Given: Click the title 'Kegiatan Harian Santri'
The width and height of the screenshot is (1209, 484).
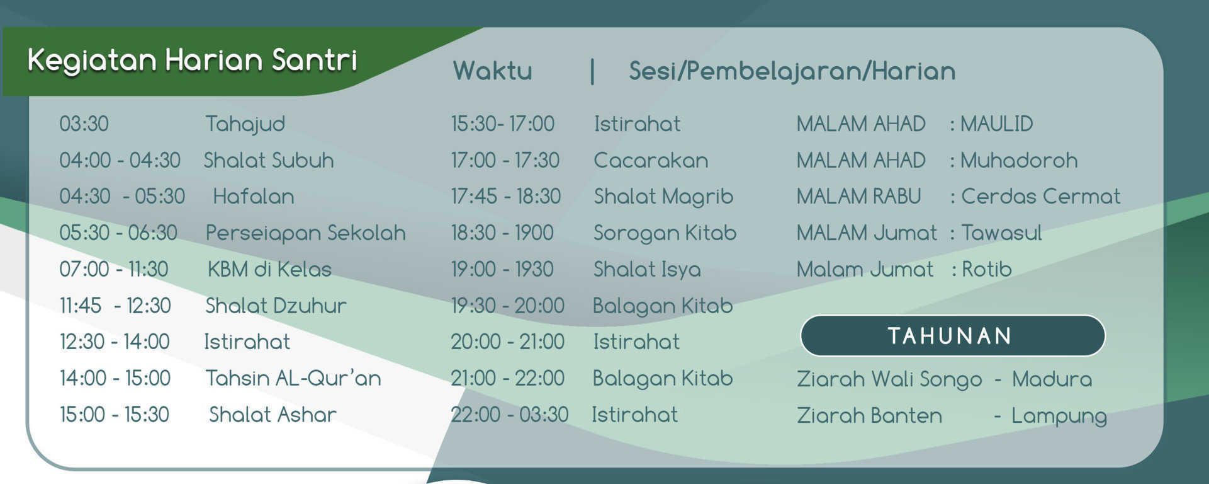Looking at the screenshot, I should [x=192, y=60].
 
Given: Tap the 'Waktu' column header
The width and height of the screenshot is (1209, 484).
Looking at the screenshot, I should [x=492, y=71].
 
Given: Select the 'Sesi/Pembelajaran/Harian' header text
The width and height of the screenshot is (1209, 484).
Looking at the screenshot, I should [x=792, y=71].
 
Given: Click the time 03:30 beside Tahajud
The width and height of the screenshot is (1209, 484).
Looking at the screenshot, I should [x=84, y=124].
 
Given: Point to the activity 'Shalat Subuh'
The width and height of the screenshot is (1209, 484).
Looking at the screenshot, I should [x=269, y=160].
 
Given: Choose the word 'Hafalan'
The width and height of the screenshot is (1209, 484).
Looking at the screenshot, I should [x=254, y=197].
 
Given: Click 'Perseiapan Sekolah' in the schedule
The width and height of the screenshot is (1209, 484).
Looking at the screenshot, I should [x=305, y=233].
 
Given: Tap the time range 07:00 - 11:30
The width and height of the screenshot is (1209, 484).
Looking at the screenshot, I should [x=114, y=270].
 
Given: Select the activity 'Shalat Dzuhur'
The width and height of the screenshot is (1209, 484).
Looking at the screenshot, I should [x=276, y=306].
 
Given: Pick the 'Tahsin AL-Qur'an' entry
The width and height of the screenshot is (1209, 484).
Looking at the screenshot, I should [x=293, y=378].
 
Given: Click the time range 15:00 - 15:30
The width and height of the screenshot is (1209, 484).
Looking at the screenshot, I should [x=115, y=415].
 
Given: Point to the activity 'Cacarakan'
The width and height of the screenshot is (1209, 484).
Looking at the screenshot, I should [x=651, y=160].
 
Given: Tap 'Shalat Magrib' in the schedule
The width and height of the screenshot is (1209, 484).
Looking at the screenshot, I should [x=663, y=197].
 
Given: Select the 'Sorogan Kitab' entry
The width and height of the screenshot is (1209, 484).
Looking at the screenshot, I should [x=665, y=233].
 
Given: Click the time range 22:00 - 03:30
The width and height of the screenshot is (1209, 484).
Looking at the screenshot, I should [x=509, y=415].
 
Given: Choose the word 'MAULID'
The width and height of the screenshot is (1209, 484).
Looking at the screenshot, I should [x=996, y=124].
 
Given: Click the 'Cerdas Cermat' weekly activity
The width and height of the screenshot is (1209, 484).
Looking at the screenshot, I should [x=1040, y=197].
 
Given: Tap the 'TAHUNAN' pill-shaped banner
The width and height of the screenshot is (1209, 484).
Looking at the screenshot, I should [x=952, y=336].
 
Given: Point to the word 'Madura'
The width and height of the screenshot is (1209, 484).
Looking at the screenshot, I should [x=1052, y=379].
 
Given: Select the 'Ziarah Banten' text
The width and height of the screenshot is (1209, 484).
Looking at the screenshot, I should [x=869, y=416].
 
